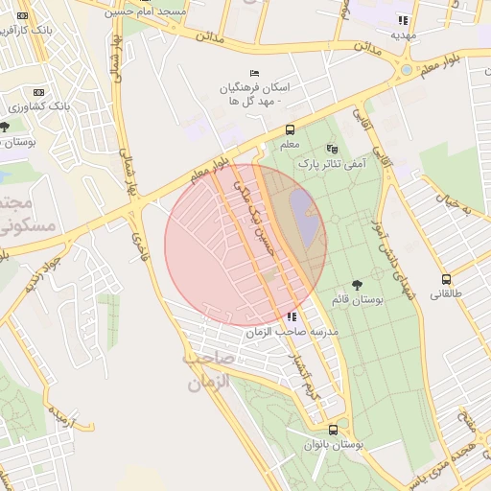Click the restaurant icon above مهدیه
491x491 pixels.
click(404, 19)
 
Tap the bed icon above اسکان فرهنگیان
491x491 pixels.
click(254, 73)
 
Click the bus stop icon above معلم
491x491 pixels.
click(290, 130)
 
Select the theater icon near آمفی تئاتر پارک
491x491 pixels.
click(333, 149)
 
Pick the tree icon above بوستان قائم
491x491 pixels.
click(357, 285)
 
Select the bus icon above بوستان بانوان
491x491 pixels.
click(333, 430)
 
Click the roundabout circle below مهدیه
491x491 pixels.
click(407, 70)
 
